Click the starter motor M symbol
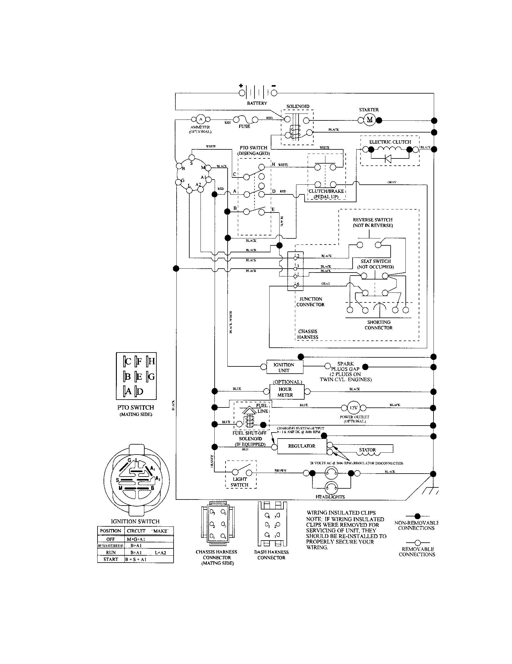(x=370, y=120)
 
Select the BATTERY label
(x=257, y=103)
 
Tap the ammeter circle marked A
(x=200, y=120)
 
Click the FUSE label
(x=244, y=126)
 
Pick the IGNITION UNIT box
(x=284, y=367)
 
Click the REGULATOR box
(x=302, y=446)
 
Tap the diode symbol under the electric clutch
(x=388, y=158)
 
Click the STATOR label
(x=367, y=450)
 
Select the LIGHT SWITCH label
(x=240, y=482)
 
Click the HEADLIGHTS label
(x=330, y=497)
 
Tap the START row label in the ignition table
(x=111, y=559)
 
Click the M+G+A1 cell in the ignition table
(x=136, y=539)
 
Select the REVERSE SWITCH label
(x=373, y=222)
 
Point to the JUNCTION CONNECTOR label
(x=310, y=302)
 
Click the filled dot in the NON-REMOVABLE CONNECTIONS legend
(x=418, y=516)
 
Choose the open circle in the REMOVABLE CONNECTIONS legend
(x=418, y=543)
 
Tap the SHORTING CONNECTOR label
(x=379, y=325)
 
